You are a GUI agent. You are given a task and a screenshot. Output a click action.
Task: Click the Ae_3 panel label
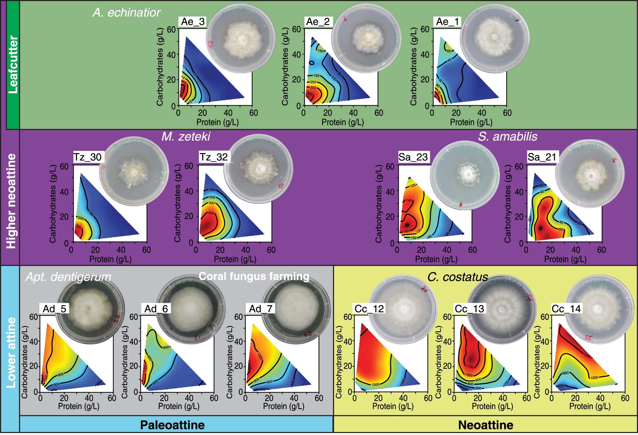[193, 22]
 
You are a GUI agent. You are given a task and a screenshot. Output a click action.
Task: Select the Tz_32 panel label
[214, 157]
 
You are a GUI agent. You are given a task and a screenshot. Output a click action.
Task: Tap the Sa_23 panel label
[413, 157]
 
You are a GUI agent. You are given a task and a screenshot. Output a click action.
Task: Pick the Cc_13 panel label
[469, 309]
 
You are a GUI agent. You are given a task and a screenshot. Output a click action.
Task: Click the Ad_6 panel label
[156, 309]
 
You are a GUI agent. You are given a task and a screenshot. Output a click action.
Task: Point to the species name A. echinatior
[126, 13]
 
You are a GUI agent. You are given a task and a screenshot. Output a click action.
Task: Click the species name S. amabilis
[507, 137]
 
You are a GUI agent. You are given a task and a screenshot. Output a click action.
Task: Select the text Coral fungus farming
[254, 276]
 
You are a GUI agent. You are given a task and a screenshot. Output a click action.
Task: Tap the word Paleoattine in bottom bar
[172, 425]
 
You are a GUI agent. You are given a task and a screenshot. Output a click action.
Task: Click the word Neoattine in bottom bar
[485, 425]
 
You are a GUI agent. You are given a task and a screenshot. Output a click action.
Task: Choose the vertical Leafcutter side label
[13, 65]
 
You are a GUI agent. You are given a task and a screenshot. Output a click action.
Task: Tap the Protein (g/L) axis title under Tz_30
[110, 259]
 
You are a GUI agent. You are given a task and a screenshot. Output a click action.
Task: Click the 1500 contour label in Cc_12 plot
[375, 385]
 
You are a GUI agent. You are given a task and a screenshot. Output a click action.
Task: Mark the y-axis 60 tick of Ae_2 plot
[296, 29]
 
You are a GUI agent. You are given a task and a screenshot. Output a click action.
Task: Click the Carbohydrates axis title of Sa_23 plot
[378, 204]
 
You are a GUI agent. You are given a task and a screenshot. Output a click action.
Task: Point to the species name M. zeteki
[186, 137]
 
